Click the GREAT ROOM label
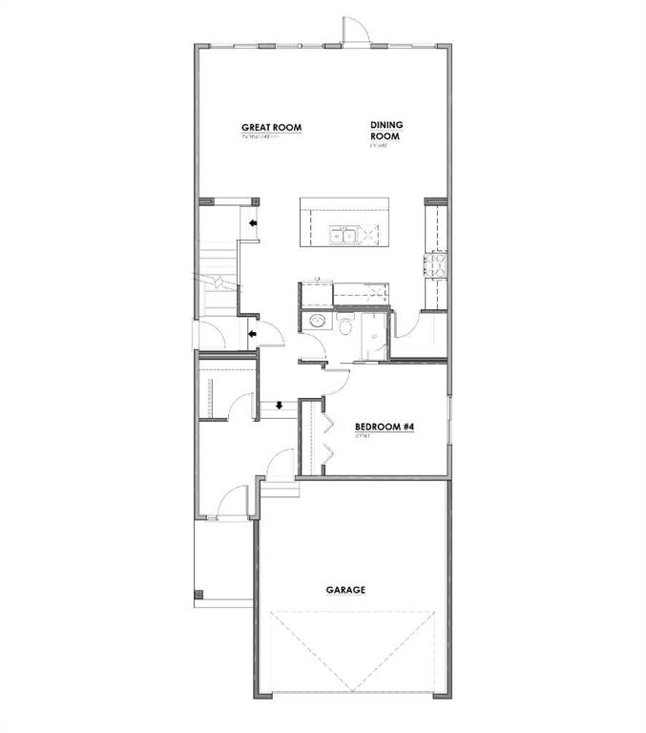pos(271,127)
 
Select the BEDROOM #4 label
pos(384,427)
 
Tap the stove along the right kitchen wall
pos(436,264)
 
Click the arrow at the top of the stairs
pos(252,223)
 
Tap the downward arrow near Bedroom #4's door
pos(278,406)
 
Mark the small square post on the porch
pos(198,595)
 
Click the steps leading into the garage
pos(280,490)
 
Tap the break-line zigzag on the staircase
pos(217,282)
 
